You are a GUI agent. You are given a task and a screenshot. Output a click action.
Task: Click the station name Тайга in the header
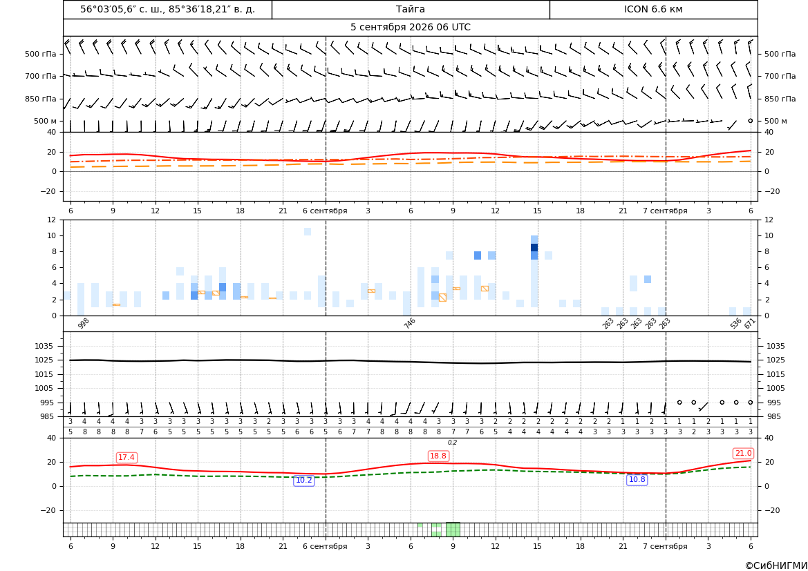[x=410, y=9]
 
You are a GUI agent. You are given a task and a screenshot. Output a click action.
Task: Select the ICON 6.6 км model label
[x=653, y=9]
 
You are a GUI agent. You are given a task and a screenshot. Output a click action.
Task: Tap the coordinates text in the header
[x=167, y=9]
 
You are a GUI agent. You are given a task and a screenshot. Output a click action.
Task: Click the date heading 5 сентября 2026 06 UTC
[x=410, y=28]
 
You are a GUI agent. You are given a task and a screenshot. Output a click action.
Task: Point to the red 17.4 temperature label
[x=126, y=457]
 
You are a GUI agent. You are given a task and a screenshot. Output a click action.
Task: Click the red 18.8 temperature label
[x=438, y=456]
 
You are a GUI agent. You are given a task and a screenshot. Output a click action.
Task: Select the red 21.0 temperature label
[x=743, y=453]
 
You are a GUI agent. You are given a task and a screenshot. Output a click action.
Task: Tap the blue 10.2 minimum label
[x=303, y=480]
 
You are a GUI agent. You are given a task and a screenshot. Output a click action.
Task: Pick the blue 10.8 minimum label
[x=637, y=479]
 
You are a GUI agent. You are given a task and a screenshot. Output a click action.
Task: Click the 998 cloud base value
[x=84, y=323]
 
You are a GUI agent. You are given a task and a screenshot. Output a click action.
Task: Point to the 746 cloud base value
[x=409, y=323]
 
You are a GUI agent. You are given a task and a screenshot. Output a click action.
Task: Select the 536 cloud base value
[x=736, y=323]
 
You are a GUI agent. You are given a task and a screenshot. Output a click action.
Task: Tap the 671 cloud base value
[x=750, y=323]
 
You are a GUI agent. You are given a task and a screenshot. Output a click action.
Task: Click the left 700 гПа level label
[x=41, y=76]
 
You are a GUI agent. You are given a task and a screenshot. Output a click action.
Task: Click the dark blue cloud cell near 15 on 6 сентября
[x=534, y=248]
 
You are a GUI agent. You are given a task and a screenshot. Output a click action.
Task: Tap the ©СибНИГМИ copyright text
[x=776, y=565]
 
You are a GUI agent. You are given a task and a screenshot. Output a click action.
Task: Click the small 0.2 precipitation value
[x=452, y=443]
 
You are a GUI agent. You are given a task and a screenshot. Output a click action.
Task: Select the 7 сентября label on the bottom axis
[x=665, y=546]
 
